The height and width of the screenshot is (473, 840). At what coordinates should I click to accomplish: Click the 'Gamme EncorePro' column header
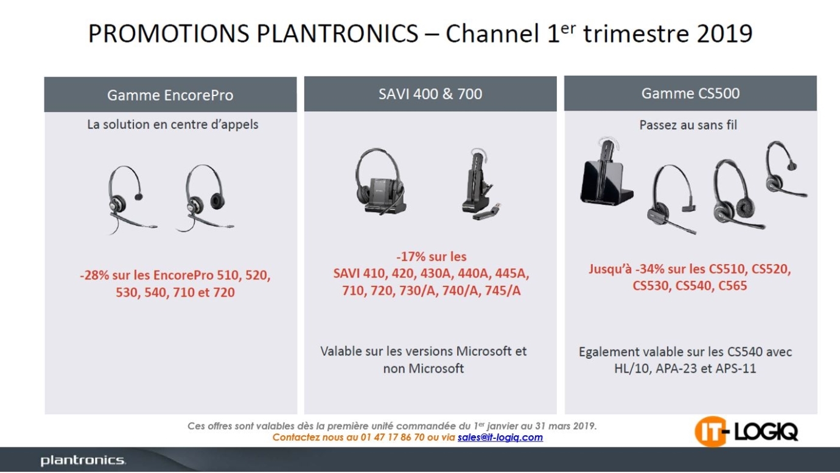(x=170, y=95)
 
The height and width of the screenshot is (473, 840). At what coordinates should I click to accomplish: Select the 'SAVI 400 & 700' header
(x=430, y=94)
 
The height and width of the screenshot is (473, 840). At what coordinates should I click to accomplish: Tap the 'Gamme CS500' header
(x=690, y=93)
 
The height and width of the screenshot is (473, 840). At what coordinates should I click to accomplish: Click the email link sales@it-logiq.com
(x=500, y=437)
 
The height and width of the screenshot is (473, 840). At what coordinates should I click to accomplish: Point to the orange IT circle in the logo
(x=710, y=432)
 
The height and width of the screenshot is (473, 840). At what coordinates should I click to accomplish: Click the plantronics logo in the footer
(x=83, y=460)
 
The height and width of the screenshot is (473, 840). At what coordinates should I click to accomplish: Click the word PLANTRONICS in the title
(x=337, y=33)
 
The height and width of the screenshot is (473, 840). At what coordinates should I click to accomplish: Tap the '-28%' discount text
(x=94, y=275)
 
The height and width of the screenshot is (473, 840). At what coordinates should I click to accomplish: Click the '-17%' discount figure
(x=410, y=257)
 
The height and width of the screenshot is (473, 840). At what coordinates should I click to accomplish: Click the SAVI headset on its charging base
(x=380, y=181)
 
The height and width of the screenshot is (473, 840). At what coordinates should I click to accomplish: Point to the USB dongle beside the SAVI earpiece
(x=487, y=212)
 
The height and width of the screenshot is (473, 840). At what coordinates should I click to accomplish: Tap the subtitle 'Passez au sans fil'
(x=688, y=125)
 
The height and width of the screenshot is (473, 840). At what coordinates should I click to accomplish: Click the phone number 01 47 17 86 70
(x=392, y=437)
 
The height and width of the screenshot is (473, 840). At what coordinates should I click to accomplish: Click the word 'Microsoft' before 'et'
(x=483, y=351)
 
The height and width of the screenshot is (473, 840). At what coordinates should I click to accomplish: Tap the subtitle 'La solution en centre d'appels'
(x=172, y=125)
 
